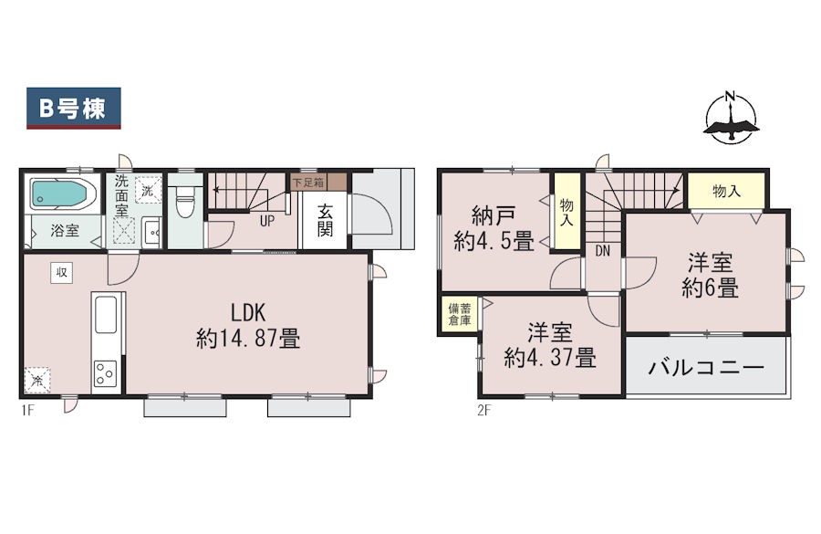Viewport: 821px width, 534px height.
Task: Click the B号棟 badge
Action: (74, 108)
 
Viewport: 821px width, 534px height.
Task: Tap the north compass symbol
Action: (731, 118)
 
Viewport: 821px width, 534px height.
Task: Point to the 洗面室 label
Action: (121, 196)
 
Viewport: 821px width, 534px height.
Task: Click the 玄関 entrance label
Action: (325, 220)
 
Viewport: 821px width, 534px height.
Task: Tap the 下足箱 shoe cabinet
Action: (318, 183)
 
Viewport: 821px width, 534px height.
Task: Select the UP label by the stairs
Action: (267, 221)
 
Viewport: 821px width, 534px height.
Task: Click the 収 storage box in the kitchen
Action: (61, 273)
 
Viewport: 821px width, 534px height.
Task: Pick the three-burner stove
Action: (105, 373)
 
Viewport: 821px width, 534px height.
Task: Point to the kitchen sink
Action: (107, 314)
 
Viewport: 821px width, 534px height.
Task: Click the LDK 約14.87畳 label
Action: (248, 326)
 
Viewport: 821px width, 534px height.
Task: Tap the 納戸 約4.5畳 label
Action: (494, 228)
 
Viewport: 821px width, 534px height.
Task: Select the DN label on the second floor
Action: (603, 251)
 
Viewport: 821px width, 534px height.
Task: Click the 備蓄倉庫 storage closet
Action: (459, 314)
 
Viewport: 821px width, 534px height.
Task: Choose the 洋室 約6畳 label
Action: (710, 275)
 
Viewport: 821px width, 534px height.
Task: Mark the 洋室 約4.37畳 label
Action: (550, 345)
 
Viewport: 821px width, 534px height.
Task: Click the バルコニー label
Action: (706, 368)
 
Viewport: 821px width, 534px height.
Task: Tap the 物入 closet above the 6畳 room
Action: (727, 191)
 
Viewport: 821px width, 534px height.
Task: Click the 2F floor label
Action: (484, 410)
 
